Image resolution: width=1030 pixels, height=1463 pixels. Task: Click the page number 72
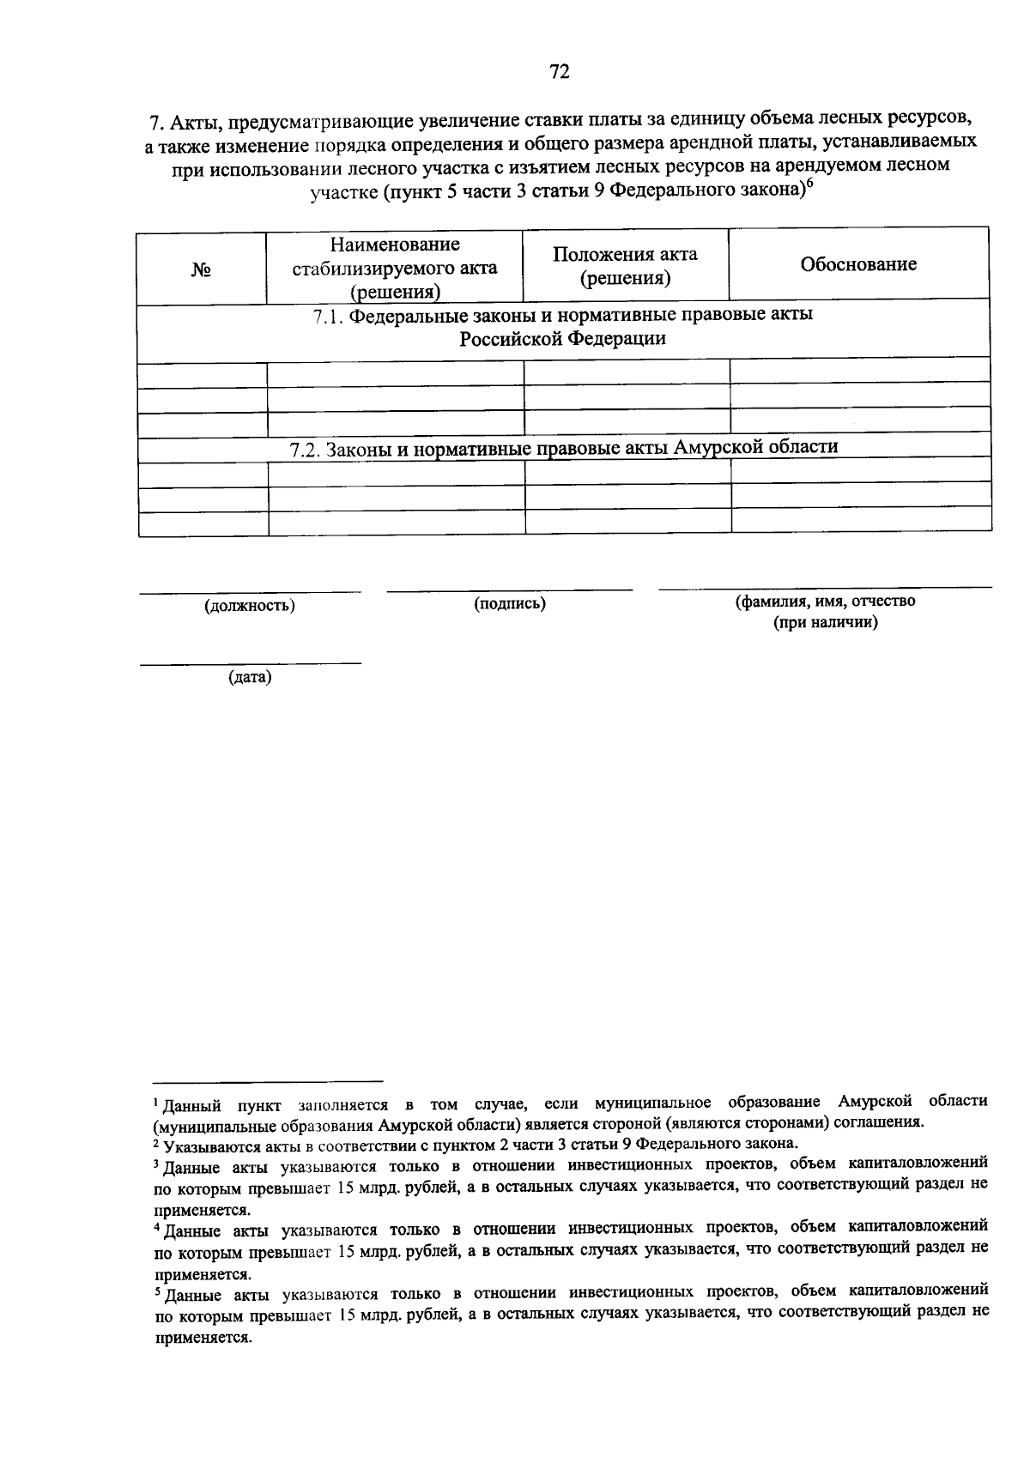coord(559,72)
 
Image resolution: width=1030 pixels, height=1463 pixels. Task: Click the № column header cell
coord(202,269)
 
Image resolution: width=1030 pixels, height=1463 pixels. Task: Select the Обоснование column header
coord(858,264)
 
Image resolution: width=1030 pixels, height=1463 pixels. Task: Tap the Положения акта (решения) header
coord(625,266)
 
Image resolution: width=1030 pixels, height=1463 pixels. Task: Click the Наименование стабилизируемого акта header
coord(395,268)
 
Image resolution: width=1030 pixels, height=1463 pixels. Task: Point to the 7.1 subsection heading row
coord(563,327)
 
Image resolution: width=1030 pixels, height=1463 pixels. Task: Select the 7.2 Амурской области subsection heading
coord(563,447)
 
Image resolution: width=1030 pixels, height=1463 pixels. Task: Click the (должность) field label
coord(250,606)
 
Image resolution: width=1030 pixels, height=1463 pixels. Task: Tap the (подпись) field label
coord(510,603)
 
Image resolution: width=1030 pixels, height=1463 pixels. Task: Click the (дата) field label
coord(250,678)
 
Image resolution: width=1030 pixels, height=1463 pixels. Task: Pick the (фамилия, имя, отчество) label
coord(825,601)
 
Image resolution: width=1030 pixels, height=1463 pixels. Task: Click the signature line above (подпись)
coord(510,590)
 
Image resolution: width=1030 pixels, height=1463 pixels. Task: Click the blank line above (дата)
coord(250,663)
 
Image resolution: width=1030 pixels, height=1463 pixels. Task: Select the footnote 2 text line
coord(476,1144)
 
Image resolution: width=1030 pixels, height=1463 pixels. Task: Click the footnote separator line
coord(268,1081)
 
